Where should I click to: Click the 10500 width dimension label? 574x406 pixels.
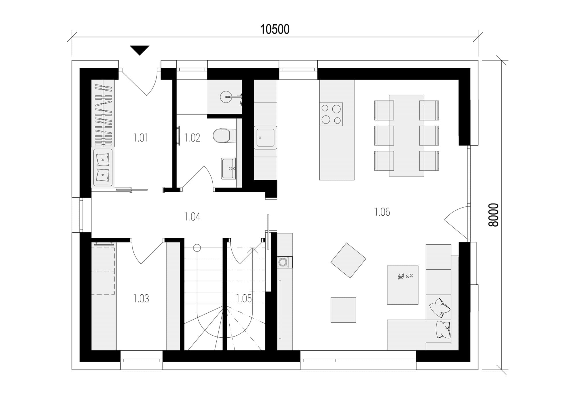[275, 30]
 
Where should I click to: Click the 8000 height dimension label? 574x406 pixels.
[494, 215]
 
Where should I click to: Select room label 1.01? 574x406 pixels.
[141, 138]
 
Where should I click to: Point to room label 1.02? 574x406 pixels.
[192, 138]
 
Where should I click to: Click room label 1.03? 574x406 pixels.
[141, 299]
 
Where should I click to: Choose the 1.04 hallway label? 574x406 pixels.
[192, 216]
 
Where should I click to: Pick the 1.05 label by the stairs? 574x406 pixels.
[244, 299]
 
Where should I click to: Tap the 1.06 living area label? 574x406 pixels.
[382, 212]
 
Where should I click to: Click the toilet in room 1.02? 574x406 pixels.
[222, 136]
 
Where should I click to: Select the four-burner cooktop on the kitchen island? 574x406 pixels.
[331, 114]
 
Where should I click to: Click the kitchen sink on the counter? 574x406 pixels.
[265, 138]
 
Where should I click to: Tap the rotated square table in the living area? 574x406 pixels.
[348, 260]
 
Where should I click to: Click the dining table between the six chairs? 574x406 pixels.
[406, 136]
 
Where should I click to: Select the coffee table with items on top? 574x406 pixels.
[403, 285]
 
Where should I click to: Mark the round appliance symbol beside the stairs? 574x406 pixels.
[283, 262]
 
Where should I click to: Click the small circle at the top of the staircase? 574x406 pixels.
[197, 248]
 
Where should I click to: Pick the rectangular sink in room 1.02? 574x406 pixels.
[229, 168]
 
